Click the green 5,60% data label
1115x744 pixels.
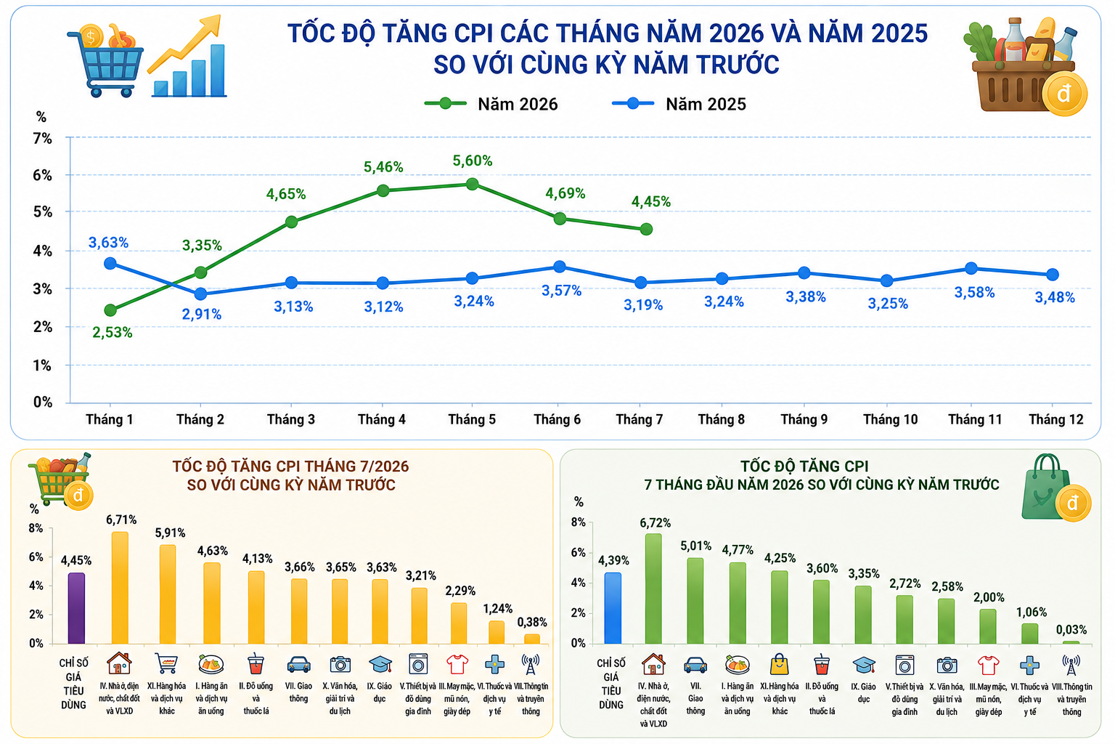[x=472, y=161]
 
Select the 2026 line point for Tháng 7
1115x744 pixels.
[x=646, y=229]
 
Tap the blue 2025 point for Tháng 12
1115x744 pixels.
[x=1053, y=275]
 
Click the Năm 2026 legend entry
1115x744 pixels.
[x=491, y=104]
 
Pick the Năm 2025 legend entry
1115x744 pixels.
[x=679, y=104]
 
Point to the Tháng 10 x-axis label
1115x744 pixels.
[x=890, y=420]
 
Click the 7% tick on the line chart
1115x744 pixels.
[x=43, y=138]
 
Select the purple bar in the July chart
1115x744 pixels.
[x=76, y=608]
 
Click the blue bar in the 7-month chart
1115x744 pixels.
[x=613, y=608]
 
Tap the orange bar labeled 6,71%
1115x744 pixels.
[x=120, y=588]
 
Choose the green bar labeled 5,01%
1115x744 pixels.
[x=695, y=600]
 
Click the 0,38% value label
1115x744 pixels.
[x=532, y=622]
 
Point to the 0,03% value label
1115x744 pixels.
[x=1071, y=630]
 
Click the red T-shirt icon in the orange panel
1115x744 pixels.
[x=457, y=664]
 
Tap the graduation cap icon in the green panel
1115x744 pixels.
[x=864, y=665]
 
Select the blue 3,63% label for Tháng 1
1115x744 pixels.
[x=108, y=243]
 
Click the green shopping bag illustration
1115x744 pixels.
[x=1045, y=488]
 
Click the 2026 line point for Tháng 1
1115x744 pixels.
[x=110, y=310]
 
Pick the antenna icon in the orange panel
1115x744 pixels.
[x=531, y=664]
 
